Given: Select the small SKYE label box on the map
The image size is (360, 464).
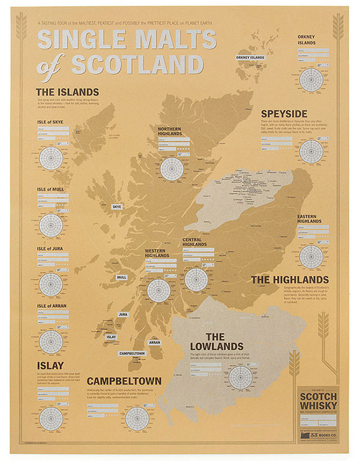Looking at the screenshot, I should [117, 206].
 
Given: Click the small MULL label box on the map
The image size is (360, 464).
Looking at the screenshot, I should [122, 277].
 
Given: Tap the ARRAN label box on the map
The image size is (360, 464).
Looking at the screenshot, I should [154, 342].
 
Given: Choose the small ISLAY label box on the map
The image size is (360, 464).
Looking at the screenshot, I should [111, 337].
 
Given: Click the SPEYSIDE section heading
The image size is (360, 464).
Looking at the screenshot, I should [284, 113].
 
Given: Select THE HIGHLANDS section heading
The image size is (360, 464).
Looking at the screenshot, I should [289, 280].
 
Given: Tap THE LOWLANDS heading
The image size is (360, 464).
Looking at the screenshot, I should [216, 342].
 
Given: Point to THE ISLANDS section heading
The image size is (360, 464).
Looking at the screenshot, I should [64, 92].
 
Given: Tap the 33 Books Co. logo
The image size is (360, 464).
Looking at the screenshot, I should [319, 430].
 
